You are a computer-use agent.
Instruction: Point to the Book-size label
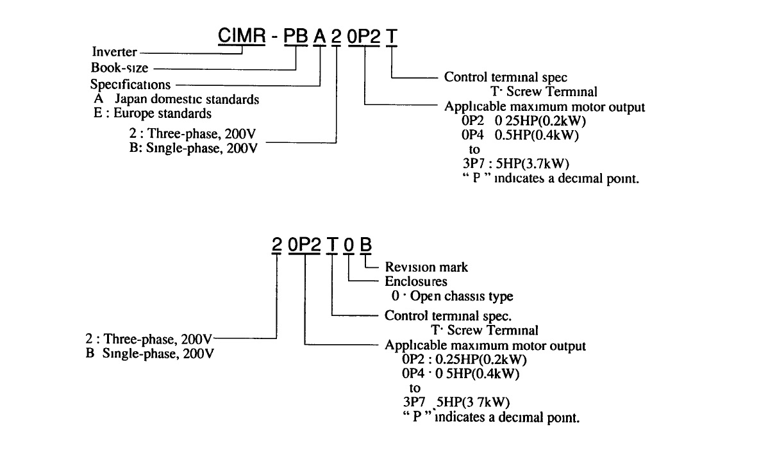[x=119, y=69]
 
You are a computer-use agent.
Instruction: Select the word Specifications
[x=131, y=84]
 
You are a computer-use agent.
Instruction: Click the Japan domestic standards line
[x=176, y=99]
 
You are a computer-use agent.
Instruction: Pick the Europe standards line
[x=152, y=114]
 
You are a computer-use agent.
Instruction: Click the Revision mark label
[x=426, y=267]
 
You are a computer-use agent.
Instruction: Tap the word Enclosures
[x=416, y=282]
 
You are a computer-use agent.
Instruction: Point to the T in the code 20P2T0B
[x=331, y=245]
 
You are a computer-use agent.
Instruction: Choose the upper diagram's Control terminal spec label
[x=506, y=77]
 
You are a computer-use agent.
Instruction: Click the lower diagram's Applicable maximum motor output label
[x=485, y=346]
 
